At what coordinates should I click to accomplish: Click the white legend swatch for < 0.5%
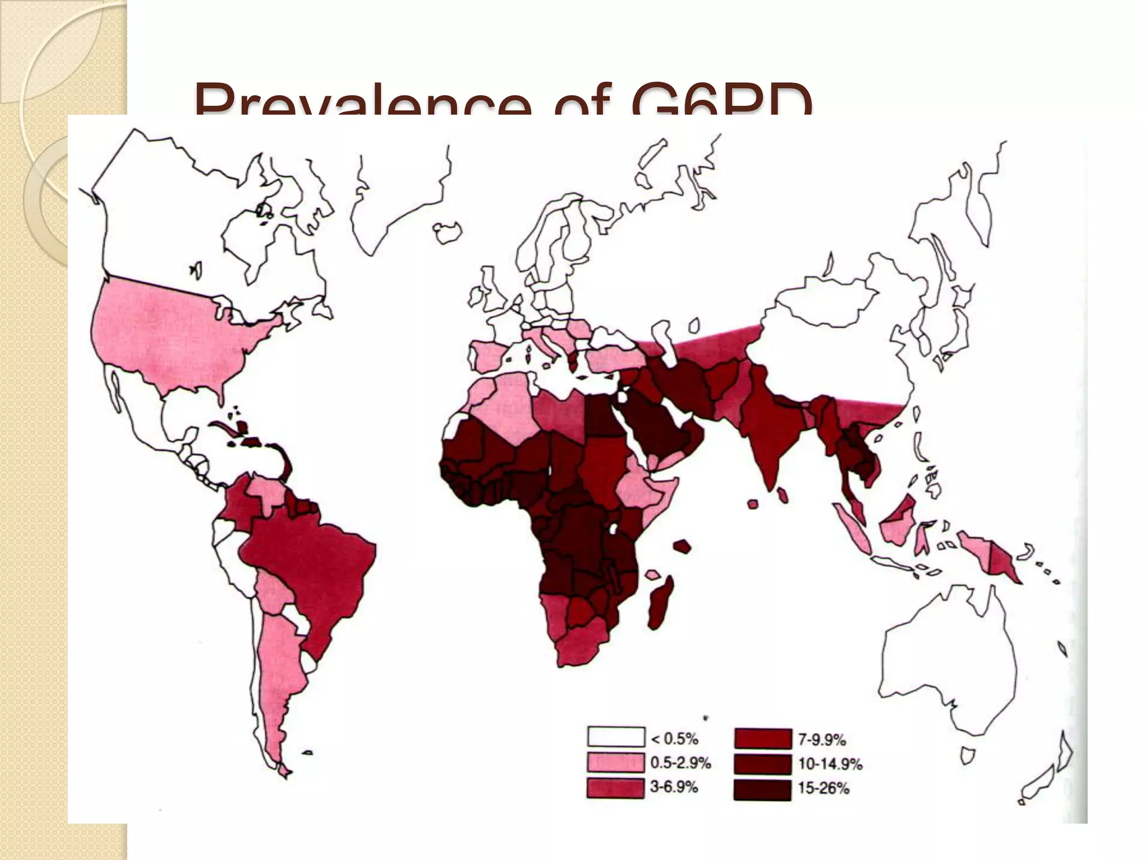coord(616,737)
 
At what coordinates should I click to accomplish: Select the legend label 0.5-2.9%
coord(680,763)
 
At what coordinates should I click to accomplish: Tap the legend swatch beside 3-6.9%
coord(616,788)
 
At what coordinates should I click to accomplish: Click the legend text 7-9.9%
coord(821,740)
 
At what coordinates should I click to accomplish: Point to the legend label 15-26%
coord(823,788)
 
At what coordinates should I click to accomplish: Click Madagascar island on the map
coord(661,605)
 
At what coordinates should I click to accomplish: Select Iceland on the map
coord(448,232)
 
